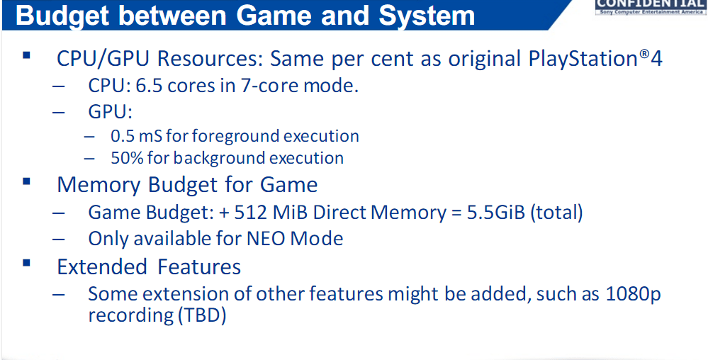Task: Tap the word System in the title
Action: point(427,16)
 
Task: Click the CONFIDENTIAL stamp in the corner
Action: point(651,7)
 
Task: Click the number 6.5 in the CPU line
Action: point(148,86)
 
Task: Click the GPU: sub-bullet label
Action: point(110,111)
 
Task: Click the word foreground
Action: point(226,137)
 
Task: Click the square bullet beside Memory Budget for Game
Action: point(26,181)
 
